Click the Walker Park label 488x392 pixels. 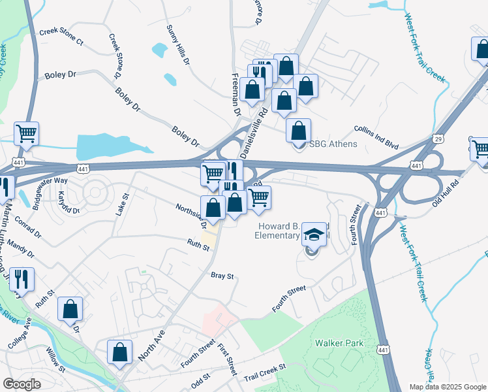[338, 342]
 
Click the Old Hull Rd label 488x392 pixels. [446, 192]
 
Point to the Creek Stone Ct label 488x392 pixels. [62, 37]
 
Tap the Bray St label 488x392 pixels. [222, 276]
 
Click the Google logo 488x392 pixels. [22, 384]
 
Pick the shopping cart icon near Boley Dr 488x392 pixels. [26, 133]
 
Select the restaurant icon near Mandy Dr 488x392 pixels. [22, 279]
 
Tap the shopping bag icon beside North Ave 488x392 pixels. [120, 351]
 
